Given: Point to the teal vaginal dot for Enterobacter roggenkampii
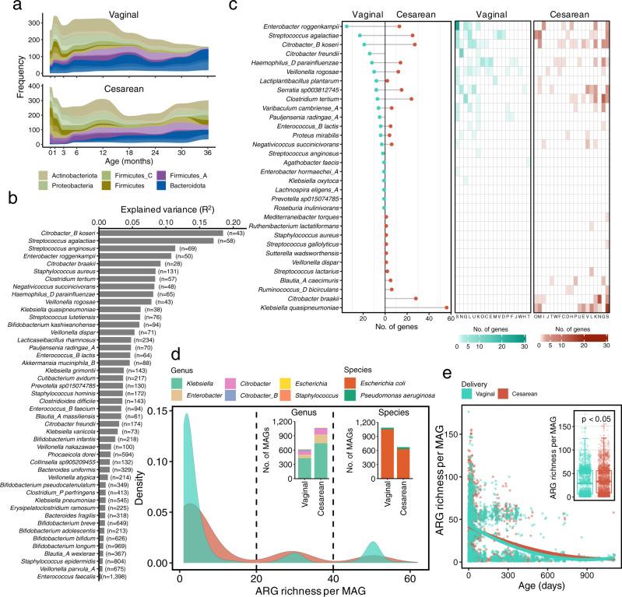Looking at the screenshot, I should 347,26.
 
